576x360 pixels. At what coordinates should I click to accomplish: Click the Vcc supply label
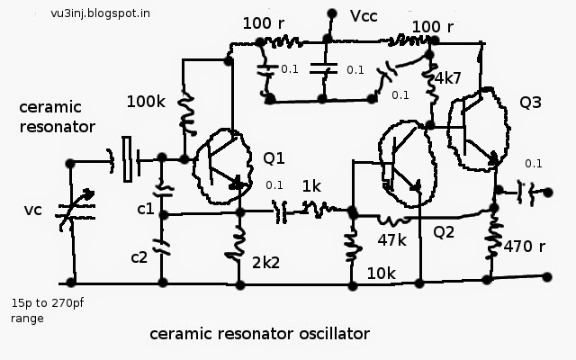tap(364, 16)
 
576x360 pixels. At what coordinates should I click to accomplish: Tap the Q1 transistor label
tap(274, 158)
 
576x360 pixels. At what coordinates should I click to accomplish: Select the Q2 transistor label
tap(444, 232)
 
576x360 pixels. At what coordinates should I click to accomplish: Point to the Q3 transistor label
tap(530, 103)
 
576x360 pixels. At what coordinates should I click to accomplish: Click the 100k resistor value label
tap(146, 102)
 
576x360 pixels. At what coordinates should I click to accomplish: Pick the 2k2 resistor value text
tap(265, 263)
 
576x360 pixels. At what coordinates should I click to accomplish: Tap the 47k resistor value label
tap(392, 240)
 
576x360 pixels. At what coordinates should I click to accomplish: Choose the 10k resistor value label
tap(382, 274)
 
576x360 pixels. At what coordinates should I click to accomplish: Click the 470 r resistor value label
tap(524, 246)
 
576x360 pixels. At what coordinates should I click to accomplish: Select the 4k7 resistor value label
tap(448, 78)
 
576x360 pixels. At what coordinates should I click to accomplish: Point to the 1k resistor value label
tap(311, 186)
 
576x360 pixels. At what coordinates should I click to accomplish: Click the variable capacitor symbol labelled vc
tap(76, 210)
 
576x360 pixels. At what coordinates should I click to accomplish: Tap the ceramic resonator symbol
tap(127, 159)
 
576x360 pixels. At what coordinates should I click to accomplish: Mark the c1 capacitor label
tap(146, 209)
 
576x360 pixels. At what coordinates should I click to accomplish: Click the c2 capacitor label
tap(139, 257)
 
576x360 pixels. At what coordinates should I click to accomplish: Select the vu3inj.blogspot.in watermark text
tap(100, 13)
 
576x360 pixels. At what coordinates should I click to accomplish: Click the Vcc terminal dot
tap(332, 14)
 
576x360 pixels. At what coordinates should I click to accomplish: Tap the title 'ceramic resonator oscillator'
tap(260, 334)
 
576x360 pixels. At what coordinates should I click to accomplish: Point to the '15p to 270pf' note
tap(48, 303)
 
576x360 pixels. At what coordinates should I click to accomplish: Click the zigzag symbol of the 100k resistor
tap(187, 113)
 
